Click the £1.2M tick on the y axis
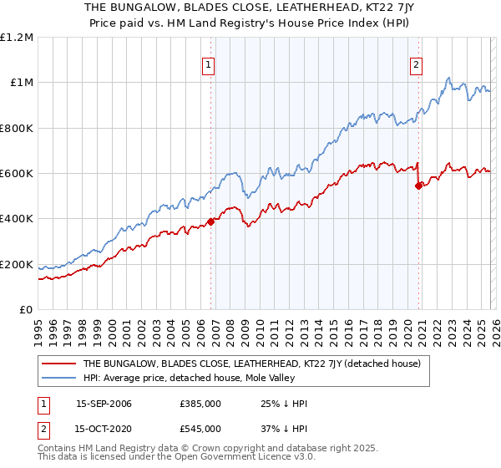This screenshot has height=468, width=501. coord(17,38)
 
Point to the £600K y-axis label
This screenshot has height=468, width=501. coord(17,174)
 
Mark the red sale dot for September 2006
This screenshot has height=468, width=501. coord(210,221)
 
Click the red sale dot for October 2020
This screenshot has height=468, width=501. coord(418,186)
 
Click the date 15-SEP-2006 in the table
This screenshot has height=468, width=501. coord(104,404)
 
